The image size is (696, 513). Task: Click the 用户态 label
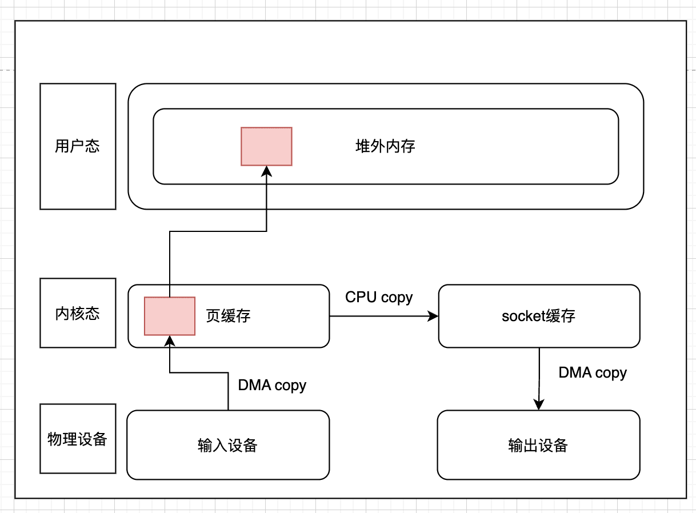77,146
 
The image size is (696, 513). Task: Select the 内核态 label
77,313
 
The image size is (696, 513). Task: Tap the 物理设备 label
77,439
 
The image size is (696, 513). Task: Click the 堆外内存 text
385,146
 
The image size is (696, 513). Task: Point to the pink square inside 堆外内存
267,146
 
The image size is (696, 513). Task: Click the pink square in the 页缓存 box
170,316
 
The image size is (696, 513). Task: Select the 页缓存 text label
229,316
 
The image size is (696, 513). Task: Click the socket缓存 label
538,316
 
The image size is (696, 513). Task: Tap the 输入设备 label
228,445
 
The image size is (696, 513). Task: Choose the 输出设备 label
538,445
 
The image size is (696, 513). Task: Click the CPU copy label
379,298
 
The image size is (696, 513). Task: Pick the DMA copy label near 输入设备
272,385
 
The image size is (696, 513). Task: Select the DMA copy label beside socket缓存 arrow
593,372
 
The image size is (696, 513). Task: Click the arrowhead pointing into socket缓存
433,316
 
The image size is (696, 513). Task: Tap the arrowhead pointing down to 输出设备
539,404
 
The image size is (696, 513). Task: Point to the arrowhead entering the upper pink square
267,171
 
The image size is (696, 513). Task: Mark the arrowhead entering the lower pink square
170,341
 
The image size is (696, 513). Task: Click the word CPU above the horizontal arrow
361,297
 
